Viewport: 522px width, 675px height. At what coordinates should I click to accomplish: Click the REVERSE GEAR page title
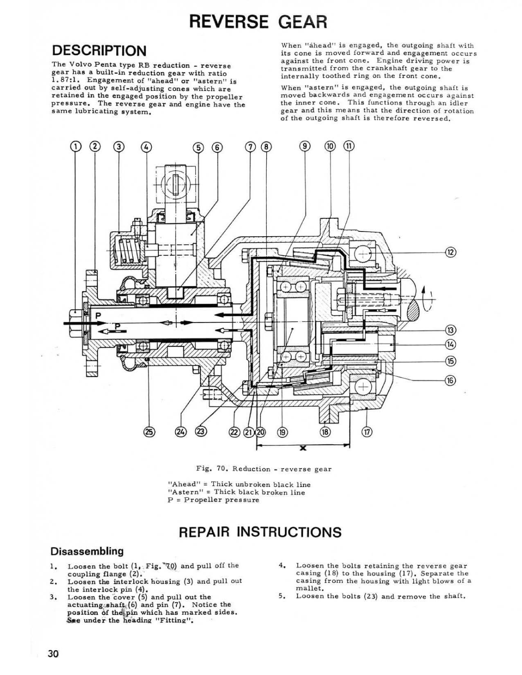258,21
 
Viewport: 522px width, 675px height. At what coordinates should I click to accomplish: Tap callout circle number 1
75,147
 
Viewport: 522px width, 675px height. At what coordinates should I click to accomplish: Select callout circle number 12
450,252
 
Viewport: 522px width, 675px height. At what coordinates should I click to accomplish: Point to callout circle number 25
150,432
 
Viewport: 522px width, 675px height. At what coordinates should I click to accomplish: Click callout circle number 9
305,146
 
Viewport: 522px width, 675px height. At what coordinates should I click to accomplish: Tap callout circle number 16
450,380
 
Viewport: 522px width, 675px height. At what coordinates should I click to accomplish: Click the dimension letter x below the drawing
303,448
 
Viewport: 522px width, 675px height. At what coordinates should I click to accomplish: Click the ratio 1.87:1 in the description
65,81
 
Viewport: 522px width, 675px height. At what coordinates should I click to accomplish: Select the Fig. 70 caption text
264,469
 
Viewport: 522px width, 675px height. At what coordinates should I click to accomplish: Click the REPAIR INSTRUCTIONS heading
260,532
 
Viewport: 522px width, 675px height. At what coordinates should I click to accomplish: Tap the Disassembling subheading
87,551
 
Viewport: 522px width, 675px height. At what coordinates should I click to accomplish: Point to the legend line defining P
214,500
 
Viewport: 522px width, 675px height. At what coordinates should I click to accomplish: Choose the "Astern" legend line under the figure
236,492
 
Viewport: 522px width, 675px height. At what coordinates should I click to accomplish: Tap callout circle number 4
147,147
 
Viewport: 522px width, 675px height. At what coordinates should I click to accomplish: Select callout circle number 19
282,432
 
